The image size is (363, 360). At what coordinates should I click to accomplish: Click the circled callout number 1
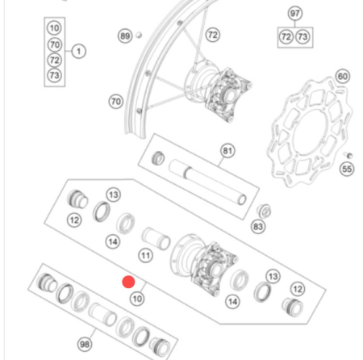point(78,51)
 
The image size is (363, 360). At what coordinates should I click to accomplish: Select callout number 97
point(294,14)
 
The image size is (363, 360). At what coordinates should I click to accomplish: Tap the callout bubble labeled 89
point(124,36)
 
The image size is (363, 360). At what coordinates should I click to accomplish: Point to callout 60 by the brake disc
point(342,77)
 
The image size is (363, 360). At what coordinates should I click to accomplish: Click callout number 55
point(347,170)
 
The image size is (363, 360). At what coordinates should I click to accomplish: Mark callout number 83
point(258,228)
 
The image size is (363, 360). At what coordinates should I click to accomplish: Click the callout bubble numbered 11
point(145,256)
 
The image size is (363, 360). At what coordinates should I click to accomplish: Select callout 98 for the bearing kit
point(85,344)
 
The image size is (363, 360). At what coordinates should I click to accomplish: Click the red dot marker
point(127,282)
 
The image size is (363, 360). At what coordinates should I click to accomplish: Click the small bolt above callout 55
point(348,155)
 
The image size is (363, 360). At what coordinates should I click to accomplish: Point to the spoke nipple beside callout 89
point(139,36)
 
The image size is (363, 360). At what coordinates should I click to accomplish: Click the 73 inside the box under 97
point(302,37)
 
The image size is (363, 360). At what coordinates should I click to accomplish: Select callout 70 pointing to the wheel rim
point(115,102)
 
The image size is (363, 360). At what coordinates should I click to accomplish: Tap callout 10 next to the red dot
point(137,298)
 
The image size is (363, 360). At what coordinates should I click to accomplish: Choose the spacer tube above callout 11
point(153,238)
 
